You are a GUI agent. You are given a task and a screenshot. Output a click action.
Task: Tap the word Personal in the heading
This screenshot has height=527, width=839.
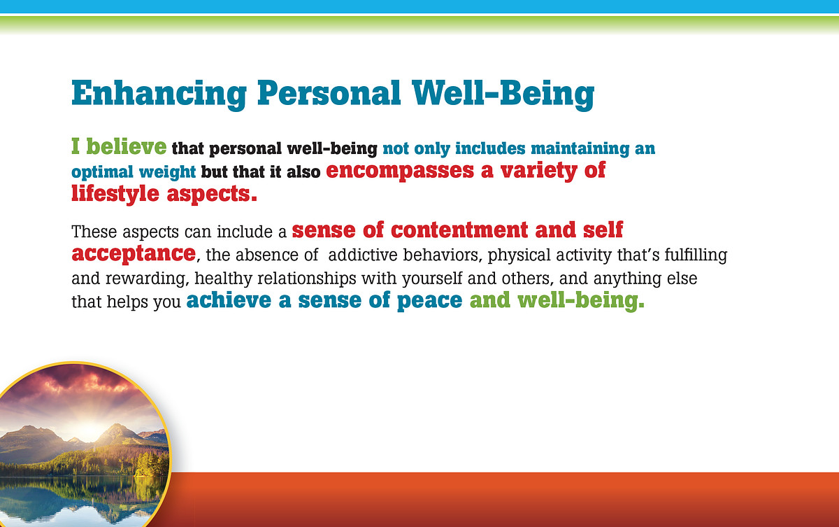pos(329,93)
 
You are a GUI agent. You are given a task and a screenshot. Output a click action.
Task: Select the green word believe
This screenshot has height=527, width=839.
pos(127,146)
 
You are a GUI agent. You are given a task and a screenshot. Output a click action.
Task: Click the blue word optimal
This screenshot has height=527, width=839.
pos(102,173)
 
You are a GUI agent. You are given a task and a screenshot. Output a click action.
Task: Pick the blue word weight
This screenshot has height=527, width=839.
pos(167,173)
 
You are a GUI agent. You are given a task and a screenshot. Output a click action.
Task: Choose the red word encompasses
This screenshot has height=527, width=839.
pos(400,171)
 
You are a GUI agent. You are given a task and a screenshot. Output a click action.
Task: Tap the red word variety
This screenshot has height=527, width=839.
pos(538,171)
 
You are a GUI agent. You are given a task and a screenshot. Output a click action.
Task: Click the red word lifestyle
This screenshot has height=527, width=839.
pos(115,194)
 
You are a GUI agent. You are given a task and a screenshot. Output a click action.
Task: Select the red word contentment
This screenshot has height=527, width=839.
pos(459,230)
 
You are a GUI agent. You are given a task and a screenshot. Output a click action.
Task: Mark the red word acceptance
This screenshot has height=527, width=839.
pos(134,254)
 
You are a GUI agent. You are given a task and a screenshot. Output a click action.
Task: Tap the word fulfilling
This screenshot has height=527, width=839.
pos(696,255)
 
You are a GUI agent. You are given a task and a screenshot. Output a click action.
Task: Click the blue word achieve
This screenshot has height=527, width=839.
pos(229,301)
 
